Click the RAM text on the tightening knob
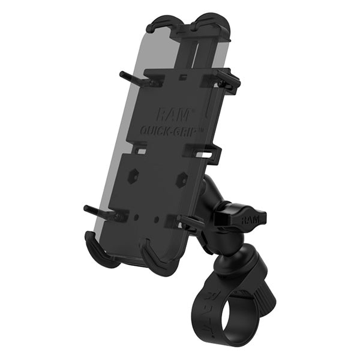[x=247, y=220]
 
